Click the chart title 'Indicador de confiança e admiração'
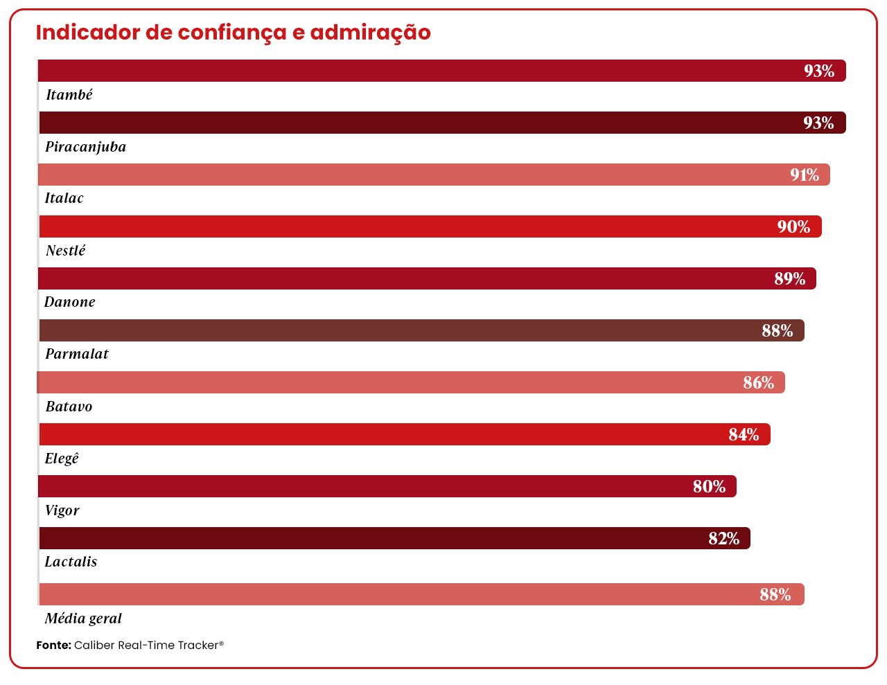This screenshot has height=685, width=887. [x=233, y=33]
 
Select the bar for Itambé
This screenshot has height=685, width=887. [x=416, y=71]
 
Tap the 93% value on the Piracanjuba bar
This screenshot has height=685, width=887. [x=818, y=123]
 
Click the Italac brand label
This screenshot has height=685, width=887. [x=64, y=199]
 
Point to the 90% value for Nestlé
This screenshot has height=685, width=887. [x=793, y=227]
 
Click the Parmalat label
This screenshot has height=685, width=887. [x=77, y=355]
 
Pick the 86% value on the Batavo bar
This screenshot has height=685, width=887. [x=758, y=383]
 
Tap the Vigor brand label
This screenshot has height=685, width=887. [x=62, y=510]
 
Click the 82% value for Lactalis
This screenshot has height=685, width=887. [x=723, y=539]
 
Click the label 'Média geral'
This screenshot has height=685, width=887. [x=83, y=619]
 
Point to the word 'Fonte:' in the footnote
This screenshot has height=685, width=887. [x=53, y=646]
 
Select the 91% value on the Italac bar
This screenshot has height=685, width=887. [x=805, y=175]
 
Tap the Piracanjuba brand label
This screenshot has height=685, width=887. [x=85, y=147]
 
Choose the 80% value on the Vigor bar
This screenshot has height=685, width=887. [x=709, y=487]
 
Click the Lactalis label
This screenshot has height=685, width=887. [x=71, y=562]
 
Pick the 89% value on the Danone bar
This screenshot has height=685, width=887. [x=790, y=279]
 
